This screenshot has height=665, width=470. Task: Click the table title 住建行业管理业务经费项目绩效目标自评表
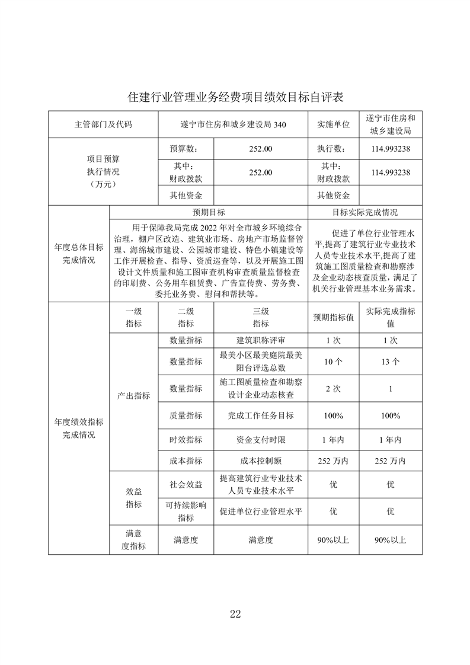(235, 96)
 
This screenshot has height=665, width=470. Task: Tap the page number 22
(235, 613)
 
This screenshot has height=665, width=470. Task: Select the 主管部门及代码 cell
(104, 124)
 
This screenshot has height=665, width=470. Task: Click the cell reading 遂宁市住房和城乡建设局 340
(233, 124)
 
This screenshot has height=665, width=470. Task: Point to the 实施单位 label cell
(333, 124)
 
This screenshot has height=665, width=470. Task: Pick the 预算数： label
(182, 149)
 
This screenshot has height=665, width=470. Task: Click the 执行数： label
(333, 149)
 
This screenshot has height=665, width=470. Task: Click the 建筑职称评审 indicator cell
(261, 340)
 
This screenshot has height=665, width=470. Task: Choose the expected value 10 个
(333, 361)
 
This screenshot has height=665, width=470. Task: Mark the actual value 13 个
(391, 361)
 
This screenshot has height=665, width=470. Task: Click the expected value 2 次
(333, 388)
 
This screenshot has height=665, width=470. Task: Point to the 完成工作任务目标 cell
(261, 415)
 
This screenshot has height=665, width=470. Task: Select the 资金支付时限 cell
(261, 440)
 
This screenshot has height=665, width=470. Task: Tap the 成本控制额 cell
(261, 461)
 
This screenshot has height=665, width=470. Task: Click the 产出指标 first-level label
(133, 395)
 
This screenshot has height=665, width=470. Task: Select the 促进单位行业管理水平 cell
(261, 511)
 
